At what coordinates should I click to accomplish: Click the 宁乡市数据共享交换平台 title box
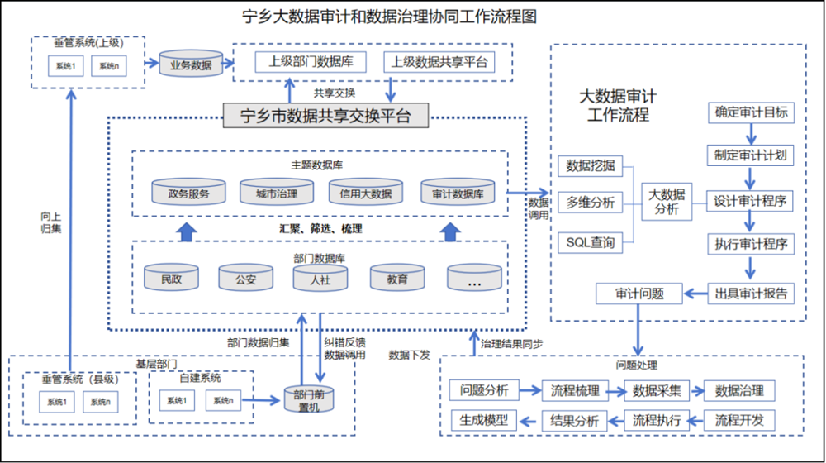click(x=326, y=116)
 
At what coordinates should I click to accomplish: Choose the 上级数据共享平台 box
click(x=439, y=62)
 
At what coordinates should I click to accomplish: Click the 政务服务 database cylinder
click(x=188, y=193)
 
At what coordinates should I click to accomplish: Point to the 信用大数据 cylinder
click(x=360, y=193)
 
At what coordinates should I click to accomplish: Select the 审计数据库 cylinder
click(x=458, y=193)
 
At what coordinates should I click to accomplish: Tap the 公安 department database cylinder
click(x=245, y=279)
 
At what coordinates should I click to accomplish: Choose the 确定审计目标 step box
click(x=751, y=112)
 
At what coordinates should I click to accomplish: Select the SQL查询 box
click(x=590, y=243)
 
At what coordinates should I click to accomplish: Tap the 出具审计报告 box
click(x=751, y=293)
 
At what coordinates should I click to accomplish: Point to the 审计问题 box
click(x=638, y=293)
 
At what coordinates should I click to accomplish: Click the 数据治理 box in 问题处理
click(x=739, y=390)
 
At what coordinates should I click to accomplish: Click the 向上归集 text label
click(x=50, y=222)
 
